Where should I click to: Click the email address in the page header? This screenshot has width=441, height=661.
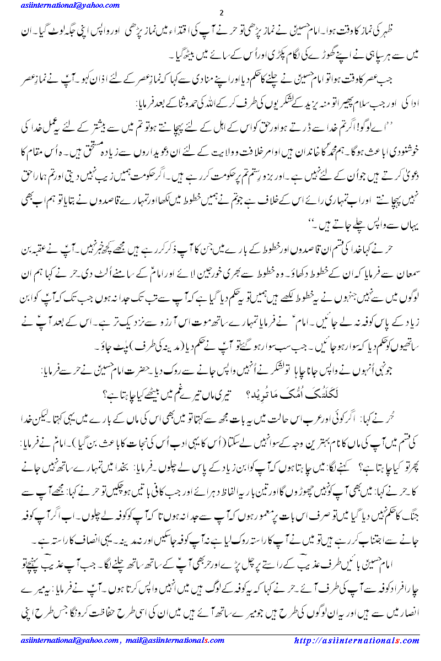coord(68,6)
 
